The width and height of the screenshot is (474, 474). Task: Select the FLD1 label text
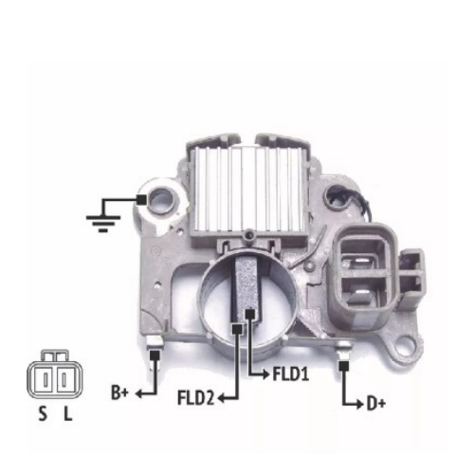287,374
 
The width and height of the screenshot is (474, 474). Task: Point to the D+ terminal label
376,405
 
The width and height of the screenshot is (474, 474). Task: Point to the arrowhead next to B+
140,391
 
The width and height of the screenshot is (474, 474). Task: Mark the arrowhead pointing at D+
359,405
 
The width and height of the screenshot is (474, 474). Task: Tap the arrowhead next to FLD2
222,399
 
